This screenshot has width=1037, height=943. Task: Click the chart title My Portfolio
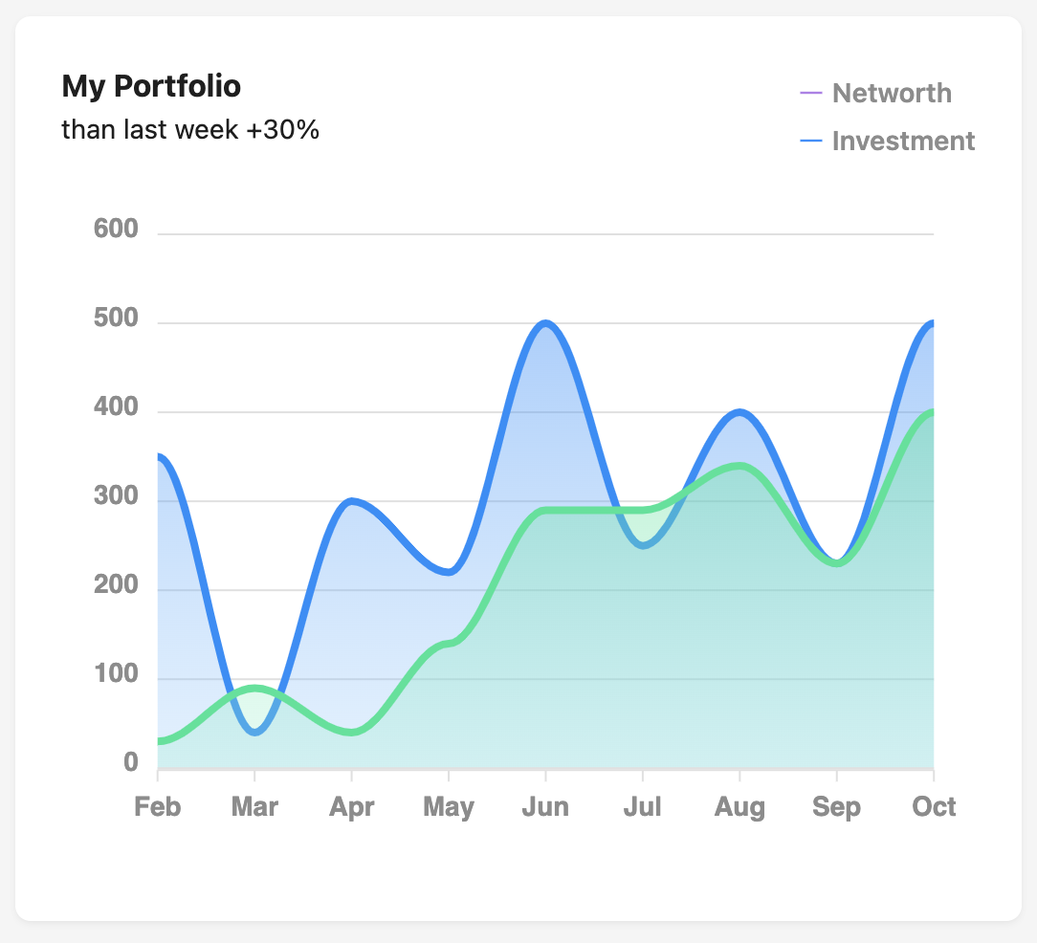coord(151,86)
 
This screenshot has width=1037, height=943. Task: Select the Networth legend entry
coord(892,93)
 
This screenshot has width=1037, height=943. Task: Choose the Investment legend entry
coord(903,141)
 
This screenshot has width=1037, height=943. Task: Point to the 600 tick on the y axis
coord(116,230)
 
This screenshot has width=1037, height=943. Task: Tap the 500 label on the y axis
coord(116,319)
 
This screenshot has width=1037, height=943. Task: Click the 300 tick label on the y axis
coord(116,498)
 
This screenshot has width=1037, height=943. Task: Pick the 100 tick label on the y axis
coord(116,676)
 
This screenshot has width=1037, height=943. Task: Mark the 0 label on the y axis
coord(130,764)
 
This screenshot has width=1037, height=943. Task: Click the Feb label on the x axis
coord(158,806)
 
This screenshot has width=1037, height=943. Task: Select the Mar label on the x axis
coord(254,806)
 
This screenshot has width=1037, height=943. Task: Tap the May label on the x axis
coord(449,806)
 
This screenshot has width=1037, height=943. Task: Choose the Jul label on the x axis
coord(642,806)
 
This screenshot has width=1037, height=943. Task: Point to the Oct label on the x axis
coord(934,806)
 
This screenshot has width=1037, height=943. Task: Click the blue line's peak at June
coord(545,323)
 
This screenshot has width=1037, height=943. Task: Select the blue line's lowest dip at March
coord(254,733)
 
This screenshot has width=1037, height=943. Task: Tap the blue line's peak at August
coord(739,412)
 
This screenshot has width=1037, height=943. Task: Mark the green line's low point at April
coord(351,733)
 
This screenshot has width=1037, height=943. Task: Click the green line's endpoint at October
coord(932,412)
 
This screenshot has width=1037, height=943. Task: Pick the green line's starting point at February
coord(160,741)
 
